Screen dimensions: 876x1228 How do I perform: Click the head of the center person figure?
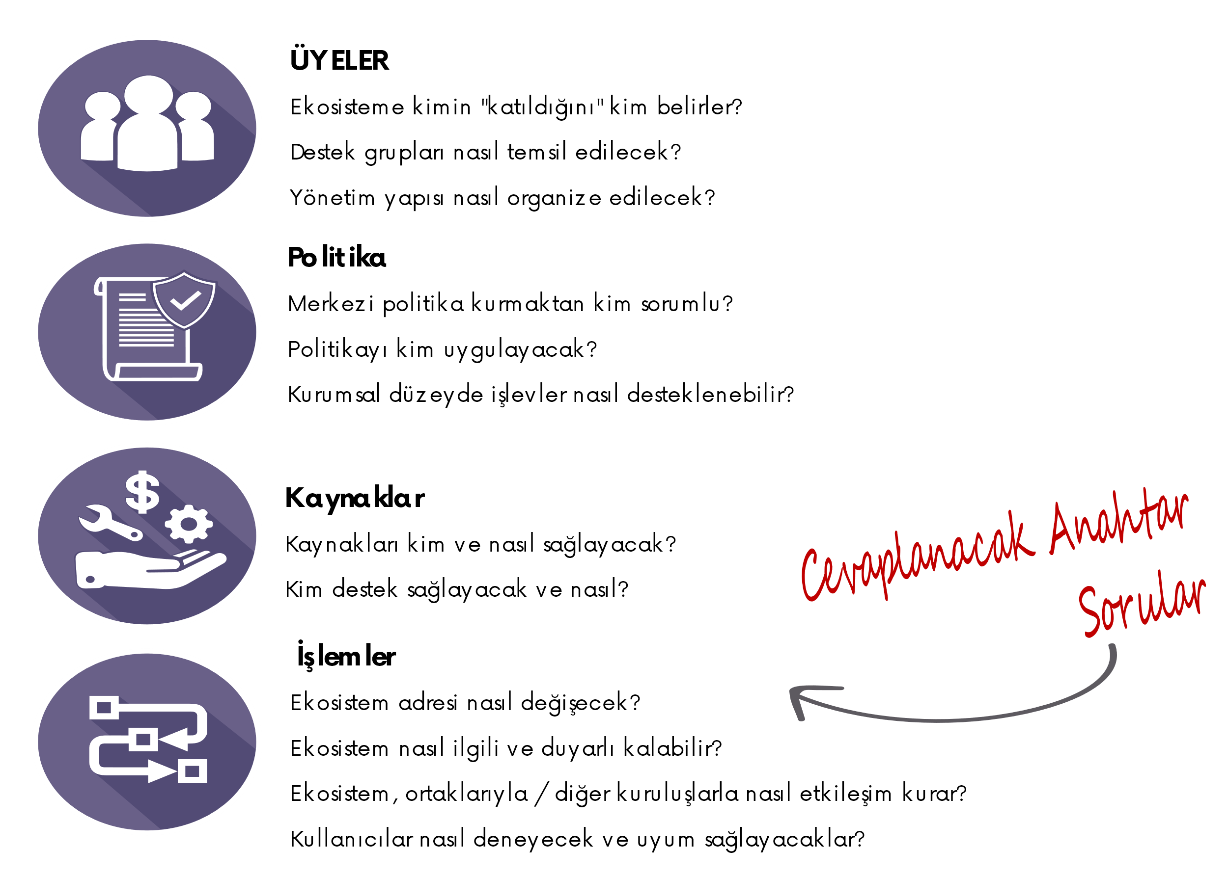[148, 94]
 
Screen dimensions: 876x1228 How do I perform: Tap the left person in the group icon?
[100, 130]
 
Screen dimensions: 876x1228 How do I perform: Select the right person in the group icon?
[195, 130]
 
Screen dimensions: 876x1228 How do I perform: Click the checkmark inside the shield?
[185, 300]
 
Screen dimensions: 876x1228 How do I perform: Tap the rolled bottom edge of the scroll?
[158, 372]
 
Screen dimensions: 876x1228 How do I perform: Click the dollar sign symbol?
[142, 491]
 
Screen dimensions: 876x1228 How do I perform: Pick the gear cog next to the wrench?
[189, 524]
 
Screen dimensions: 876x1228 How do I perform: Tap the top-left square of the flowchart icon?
[104, 707]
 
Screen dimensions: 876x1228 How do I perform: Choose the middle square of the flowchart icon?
[143, 739]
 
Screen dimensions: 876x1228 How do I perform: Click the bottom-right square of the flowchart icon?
[192, 771]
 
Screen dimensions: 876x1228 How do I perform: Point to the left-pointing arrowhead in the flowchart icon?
[173, 739]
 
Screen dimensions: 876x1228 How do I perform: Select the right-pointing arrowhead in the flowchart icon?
[162, 771]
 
